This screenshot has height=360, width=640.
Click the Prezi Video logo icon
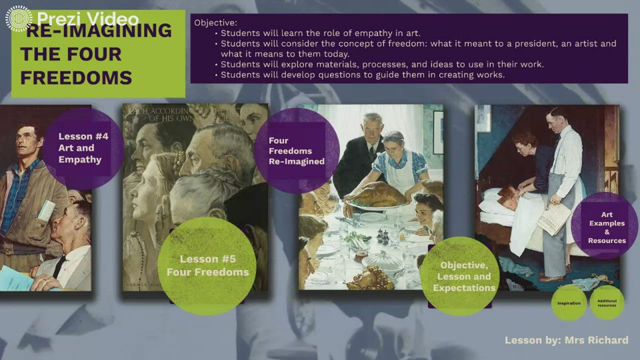tap(19, 19)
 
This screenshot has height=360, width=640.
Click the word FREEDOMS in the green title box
tap(76, 77)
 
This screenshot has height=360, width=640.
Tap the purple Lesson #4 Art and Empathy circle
tap(82, 148)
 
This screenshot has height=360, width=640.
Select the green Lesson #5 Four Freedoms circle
tap(207, 265)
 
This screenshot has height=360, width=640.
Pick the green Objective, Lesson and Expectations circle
tap(463, 276)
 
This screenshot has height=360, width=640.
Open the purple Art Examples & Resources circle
tap(606, 227)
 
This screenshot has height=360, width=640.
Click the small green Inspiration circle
tap(569, 303)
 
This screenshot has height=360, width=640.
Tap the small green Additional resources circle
tap(607, 303)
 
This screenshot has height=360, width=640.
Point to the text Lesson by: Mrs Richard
tap(566, 340)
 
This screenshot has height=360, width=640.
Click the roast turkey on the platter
tap(377, 195)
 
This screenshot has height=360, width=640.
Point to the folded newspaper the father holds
tap(554, 218)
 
